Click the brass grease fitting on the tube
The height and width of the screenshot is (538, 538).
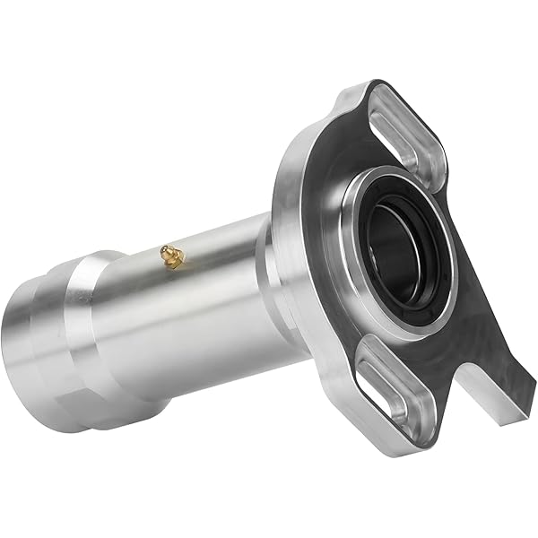[170, 256]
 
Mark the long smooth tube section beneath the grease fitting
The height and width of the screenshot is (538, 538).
[197, 305]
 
